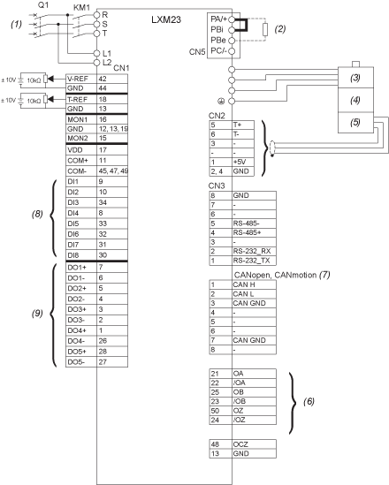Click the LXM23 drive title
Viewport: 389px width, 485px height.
166,19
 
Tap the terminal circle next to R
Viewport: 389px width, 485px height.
97,15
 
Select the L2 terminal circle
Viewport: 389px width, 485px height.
97,63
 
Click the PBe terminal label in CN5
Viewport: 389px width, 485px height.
218,41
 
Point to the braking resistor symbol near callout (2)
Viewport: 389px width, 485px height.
265,30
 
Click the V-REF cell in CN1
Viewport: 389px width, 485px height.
81,79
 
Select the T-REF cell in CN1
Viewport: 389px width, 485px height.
81,99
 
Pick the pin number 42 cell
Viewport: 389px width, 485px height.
112,79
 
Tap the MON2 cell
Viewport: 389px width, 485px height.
81,139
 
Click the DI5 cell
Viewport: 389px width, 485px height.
81,224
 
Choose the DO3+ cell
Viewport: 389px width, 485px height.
81,309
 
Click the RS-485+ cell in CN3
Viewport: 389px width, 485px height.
254,232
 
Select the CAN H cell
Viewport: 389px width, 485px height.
254,284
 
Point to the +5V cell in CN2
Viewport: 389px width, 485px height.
243,162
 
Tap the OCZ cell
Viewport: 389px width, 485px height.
254,444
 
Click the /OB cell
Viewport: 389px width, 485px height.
254,401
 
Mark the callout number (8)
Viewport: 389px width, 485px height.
37,214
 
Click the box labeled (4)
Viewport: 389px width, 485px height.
355,100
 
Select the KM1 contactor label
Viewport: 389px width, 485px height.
81,8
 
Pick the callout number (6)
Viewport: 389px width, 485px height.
309,401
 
